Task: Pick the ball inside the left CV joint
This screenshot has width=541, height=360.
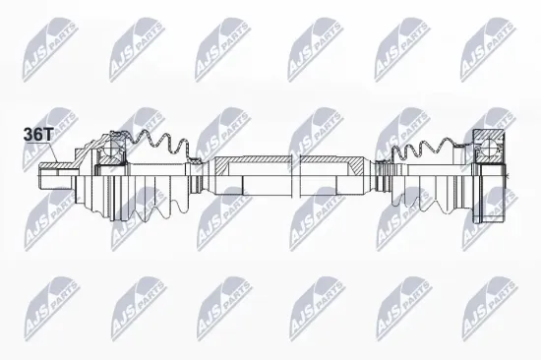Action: [x=111, y=151]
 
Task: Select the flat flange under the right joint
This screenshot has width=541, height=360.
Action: [x=488, y=202]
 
